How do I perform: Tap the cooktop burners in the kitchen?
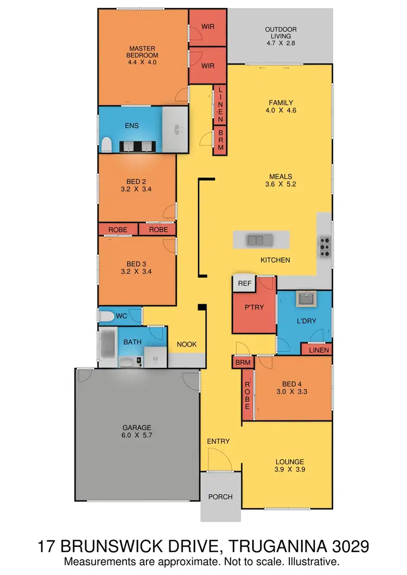click(325, 247)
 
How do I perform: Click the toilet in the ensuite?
click(106, 144)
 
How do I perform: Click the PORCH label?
click(220, 496)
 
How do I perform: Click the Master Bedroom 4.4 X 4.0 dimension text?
click(143, 62)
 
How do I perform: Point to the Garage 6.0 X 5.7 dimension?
click(137, 435)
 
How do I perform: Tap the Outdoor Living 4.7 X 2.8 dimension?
click(279, 43)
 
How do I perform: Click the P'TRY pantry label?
click(254, 307)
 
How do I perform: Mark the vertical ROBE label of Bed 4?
click(247, 395)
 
